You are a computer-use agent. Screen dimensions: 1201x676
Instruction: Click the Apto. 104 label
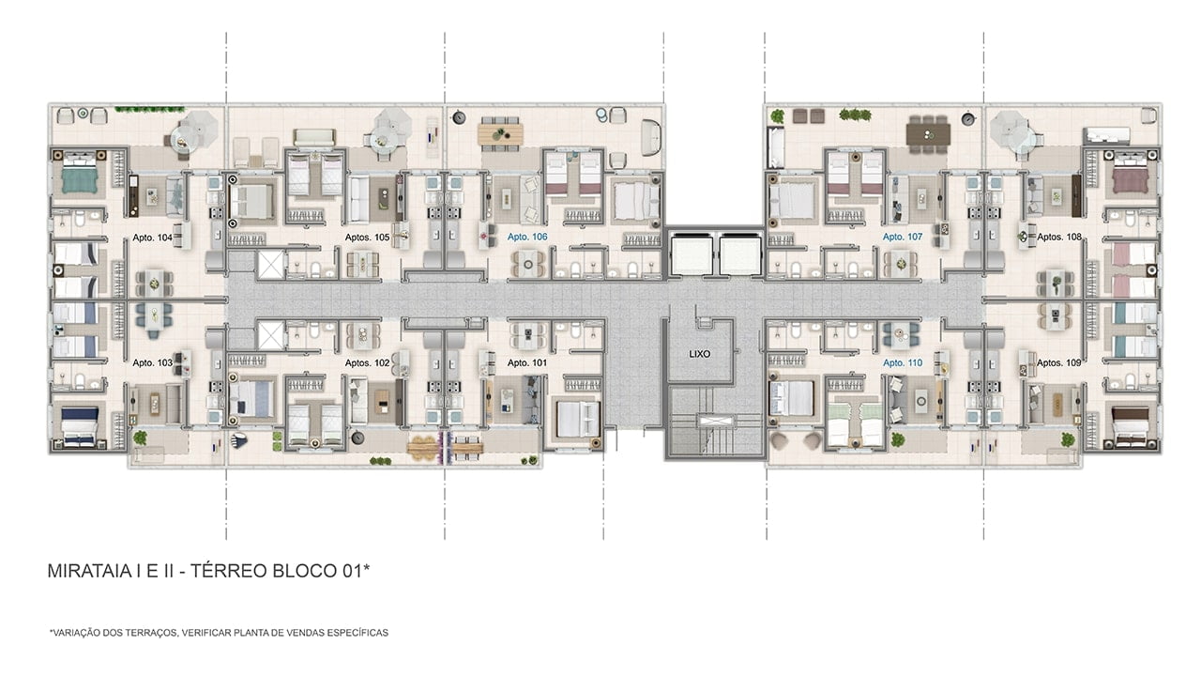coord(152,238)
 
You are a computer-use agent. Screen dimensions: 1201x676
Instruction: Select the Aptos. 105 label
coord(367,238)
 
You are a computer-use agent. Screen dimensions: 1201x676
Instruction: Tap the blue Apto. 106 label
coord(527,237)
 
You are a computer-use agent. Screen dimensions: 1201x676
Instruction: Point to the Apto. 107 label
coord(903,237)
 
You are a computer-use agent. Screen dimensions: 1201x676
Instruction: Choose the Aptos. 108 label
coord(1059,237)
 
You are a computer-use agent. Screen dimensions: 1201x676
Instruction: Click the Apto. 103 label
coord(152,363)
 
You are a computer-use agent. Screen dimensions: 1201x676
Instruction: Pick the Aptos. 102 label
coord(367,363)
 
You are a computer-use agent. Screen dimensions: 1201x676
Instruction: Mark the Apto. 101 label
coord(527,363)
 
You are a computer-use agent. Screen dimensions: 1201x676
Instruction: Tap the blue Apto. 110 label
coord(903,363)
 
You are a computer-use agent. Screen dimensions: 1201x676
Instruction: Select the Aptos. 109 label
coord(1058,363)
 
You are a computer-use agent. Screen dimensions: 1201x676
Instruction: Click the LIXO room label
coord(699,354)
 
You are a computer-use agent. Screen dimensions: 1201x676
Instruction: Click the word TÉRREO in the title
coord(229,571)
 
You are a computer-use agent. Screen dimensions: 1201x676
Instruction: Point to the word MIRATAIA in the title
coord(89,571)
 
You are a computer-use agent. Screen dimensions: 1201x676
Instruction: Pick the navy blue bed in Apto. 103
coord(80,426)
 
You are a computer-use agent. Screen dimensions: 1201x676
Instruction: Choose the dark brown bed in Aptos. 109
coord(1131,426)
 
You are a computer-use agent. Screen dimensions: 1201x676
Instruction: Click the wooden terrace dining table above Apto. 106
coord(500,134)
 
